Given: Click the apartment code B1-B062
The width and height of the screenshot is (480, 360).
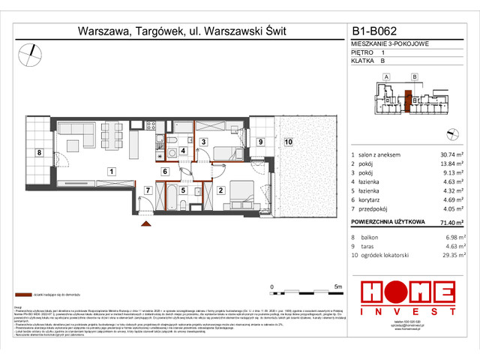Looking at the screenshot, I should point(374,32).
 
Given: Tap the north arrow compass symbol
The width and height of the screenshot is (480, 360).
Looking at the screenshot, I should point(32,52).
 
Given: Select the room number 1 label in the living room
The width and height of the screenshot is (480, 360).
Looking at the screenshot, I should point(110,172).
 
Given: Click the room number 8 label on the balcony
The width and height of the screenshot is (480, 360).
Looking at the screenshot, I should point(39,152).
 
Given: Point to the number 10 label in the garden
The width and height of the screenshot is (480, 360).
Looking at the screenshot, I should point(288,141).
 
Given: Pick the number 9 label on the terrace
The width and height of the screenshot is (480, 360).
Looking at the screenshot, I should point(260,141).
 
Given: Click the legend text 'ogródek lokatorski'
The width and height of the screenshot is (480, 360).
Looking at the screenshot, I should point(387,254).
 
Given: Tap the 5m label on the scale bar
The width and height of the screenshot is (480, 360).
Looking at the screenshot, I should point(337,286).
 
